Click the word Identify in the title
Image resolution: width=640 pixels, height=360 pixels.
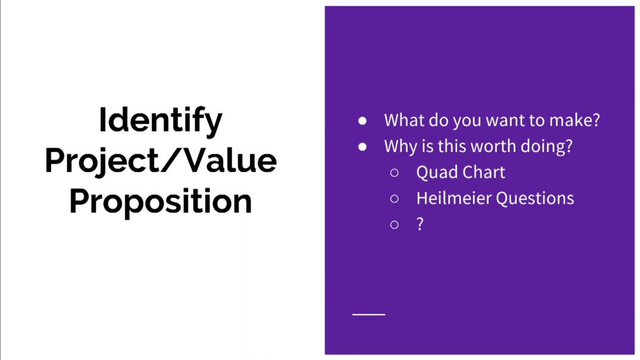point(161,121)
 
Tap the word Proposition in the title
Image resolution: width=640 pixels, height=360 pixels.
point(161,202)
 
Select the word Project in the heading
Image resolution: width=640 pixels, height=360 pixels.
point(102,162)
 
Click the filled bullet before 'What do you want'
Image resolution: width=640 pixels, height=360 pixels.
point(362,121)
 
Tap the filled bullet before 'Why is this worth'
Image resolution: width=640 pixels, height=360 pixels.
point(362,147)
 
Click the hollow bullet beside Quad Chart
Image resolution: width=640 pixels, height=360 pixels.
point(394,173)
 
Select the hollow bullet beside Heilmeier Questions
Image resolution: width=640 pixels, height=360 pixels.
point(394,199)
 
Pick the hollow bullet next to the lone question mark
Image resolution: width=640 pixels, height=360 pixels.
point(394,225)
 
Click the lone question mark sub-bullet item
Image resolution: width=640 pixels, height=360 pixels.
point(420,224)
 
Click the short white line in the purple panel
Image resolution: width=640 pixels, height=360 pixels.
point(369,315)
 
